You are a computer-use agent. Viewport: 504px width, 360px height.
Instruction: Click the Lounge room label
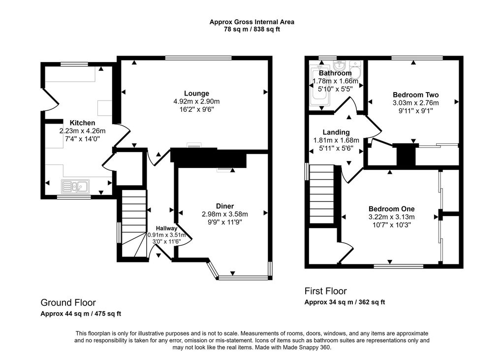196,94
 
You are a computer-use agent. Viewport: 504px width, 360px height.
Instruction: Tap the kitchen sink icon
75,186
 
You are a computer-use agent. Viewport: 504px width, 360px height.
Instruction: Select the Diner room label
224,206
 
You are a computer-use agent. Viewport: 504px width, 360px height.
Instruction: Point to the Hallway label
167,229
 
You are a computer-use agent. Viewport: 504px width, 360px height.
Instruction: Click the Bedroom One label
391,209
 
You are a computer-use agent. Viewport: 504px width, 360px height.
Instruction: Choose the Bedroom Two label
415,95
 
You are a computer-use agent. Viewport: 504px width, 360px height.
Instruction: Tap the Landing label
336,132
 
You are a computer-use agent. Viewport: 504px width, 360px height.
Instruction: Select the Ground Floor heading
68,302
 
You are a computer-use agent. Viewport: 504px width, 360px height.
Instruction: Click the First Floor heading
325,291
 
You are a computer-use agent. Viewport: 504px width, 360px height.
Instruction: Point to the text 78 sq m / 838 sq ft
252,30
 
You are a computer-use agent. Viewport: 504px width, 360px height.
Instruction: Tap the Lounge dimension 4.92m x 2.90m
196,101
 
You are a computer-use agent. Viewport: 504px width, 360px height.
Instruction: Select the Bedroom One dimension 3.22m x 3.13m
391,217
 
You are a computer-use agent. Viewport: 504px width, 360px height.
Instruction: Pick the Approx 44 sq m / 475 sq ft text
81,314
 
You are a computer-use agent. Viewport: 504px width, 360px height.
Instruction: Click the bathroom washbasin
339,66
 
